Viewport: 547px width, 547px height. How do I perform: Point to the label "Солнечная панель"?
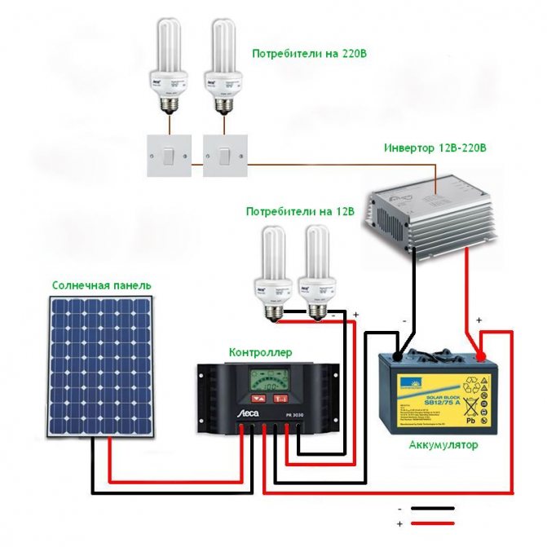[101, 285]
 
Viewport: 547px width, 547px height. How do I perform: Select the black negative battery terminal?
[397, 355]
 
